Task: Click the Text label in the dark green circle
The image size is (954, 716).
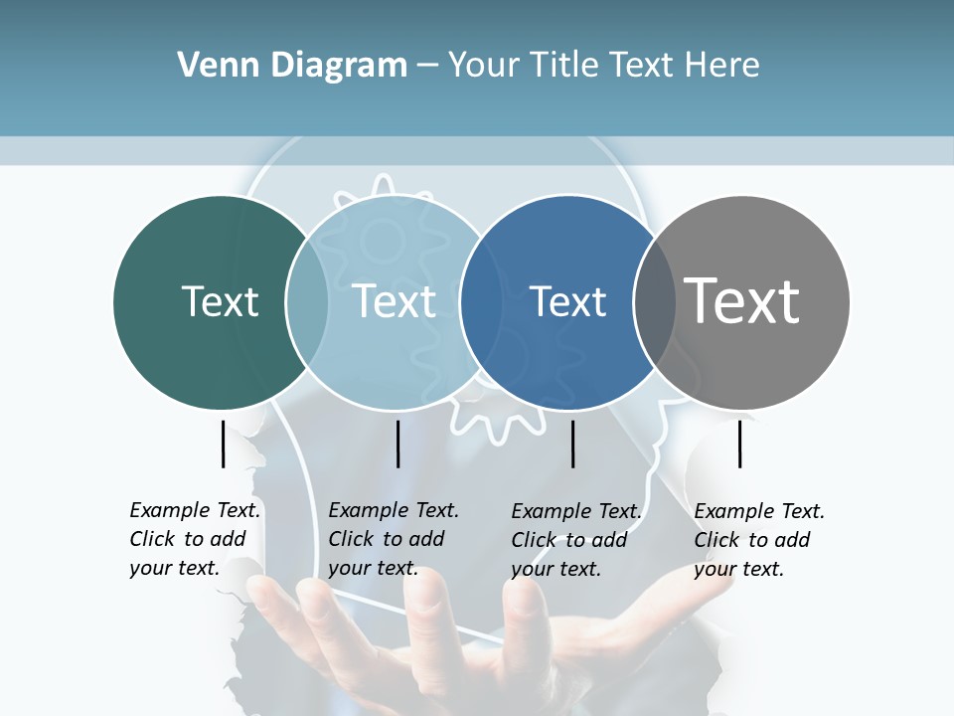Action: pyautogui.click(x=220, y=301)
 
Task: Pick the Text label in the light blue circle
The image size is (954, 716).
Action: pyautogui.click(x=395, y=301)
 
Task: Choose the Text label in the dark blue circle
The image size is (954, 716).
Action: pyautogui.click(x=567, y=301)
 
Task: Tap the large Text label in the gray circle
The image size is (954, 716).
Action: pyautogui.click(x=742, y=300)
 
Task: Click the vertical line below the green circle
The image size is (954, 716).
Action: pyautogui.click(x=223, y=444)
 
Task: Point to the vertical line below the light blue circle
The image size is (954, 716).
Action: pyautogui.click(x=397, y=444)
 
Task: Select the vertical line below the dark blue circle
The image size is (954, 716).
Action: pyautogui.click(x=573, y=444)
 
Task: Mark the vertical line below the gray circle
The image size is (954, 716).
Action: pyautogui.click(x=739, y=444)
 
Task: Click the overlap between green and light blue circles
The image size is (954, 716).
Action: pyautogui.click(x=307, y=302)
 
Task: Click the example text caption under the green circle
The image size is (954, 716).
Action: pyautogui.click(x=195, y=539)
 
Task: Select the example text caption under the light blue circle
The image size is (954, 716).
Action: pyautogui.click(x=394, y=539)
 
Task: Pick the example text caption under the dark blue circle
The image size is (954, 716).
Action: pyautogui.click(x=576, y=540)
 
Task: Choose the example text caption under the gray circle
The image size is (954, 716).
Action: pyautogui.click(x=759, y=540)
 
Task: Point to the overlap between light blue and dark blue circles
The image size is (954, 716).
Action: pyautogui.click(x=473, y=302)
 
